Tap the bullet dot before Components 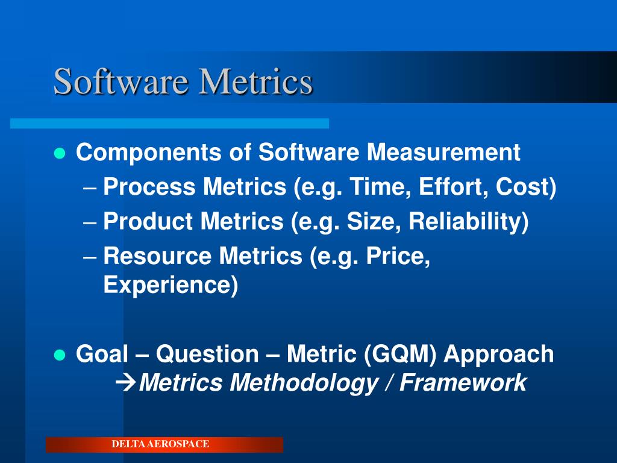click(x=59, y=153)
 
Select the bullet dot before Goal click(x=59, y=354)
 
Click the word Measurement click(x=443, y=153)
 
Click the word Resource click(x=158, y=256)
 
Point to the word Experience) click(x=171, y=285)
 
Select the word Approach click(x=499, y=354)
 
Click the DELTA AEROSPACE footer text click(x=160, y=444)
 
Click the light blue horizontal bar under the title click(x=169, y=123)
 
